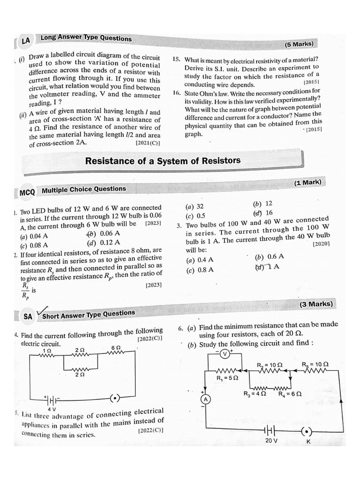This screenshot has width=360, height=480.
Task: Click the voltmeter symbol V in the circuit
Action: point(225,354)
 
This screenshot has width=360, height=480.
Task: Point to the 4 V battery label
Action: point(45,409)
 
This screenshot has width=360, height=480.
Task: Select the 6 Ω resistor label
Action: point(116,348)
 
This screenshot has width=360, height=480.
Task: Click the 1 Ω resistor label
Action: point(46,350)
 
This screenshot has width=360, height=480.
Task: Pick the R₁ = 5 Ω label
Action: point(227,378)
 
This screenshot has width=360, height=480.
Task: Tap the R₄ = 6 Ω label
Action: point(290,394)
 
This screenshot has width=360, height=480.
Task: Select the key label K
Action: point(308,442)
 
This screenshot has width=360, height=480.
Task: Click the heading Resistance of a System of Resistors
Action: point(162,161)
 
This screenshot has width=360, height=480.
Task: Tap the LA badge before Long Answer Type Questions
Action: point(25,41)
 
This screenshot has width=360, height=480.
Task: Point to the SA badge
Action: point(28,316)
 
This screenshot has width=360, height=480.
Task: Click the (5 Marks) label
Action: point(299,45)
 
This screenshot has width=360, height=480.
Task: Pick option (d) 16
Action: point(263,212)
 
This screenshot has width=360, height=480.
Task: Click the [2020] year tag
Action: point(321,244)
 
